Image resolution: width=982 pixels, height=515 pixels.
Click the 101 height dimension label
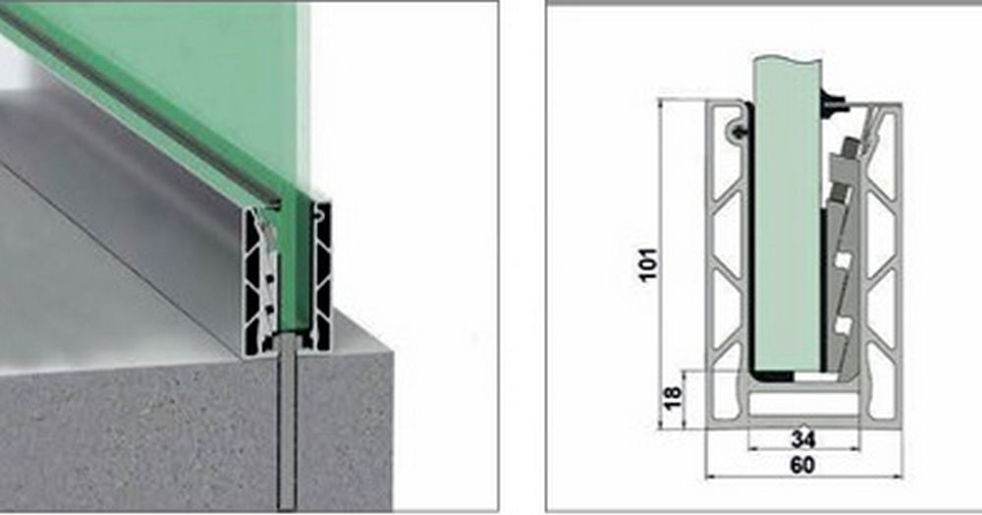[649, 264]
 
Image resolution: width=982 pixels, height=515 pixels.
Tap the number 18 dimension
[672, 398]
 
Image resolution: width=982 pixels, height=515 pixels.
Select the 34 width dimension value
[803, 438]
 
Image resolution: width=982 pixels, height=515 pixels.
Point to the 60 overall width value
[802, 466]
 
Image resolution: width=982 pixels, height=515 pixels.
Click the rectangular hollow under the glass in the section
[803, 405]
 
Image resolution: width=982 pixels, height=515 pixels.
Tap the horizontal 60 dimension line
[804, 478]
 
